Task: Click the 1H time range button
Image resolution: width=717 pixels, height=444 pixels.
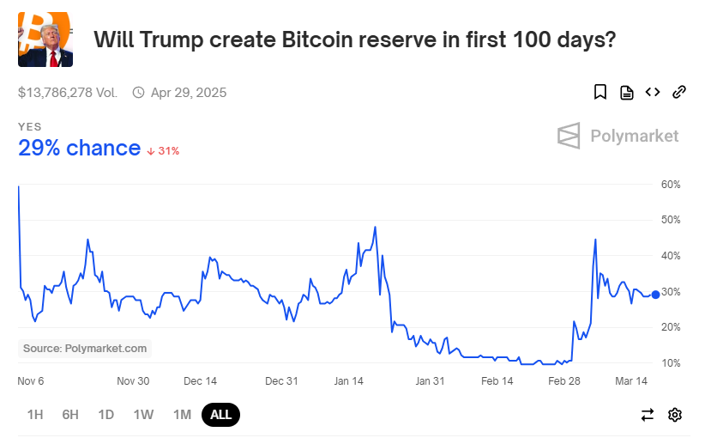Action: click(35, 415)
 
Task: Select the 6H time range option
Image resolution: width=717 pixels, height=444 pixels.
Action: click(70, 415)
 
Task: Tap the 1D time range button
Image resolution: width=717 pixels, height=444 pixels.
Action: click(105, 415)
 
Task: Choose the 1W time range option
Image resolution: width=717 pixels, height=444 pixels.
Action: click(143, 415)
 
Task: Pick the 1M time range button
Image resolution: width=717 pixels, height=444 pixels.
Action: click(182, 415)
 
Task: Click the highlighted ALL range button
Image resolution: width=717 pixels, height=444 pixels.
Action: click(220, 415)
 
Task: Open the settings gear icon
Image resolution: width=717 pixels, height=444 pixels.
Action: click(675, 415)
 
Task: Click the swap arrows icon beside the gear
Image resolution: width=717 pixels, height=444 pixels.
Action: click(648, 415)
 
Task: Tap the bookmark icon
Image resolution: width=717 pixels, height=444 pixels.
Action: click(600, 92)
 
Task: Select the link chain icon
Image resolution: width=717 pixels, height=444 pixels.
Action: click(679, 92)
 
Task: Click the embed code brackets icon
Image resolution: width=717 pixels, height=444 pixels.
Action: click(653, 92)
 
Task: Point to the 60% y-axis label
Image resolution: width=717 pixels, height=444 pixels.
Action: click(670, 185)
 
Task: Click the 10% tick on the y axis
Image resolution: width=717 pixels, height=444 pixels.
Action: click(670, 363)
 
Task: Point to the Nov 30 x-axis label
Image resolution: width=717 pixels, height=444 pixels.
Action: click(133, 381)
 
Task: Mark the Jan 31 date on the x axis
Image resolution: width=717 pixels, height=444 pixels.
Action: click(430, 381)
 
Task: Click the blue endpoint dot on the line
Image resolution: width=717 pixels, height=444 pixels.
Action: click(656, 295)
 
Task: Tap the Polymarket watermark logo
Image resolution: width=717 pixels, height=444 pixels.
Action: click(618, 136)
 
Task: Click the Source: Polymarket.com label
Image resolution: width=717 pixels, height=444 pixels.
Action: click(85, 348)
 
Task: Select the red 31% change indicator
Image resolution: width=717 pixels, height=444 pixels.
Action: click(163, 150)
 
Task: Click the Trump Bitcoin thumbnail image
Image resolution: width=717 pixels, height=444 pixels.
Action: click(45, 40)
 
